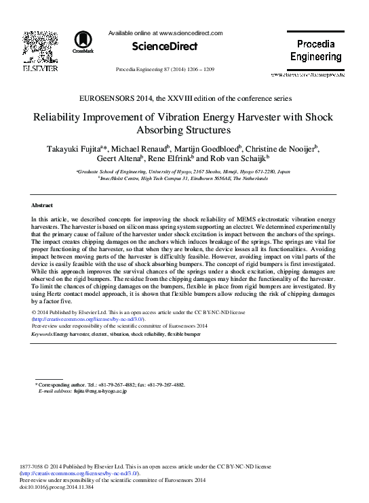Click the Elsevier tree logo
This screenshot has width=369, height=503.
tap(40, 46)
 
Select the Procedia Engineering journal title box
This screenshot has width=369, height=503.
tap(315, 50)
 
